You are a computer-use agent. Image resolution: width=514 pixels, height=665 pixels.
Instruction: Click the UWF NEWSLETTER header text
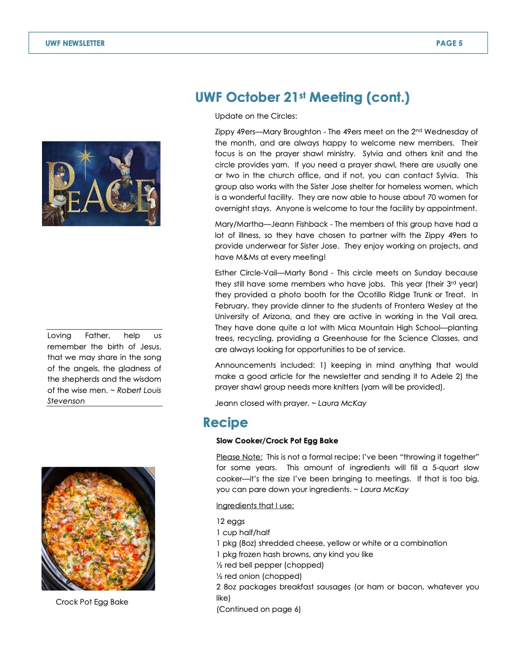click(x=75, y=43)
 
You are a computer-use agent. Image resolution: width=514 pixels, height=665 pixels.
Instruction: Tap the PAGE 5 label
click(x=449, y=43)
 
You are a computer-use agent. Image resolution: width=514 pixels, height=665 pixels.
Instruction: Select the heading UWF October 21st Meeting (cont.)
click(x=302, y=98)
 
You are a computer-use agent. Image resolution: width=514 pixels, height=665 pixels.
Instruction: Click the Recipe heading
click(x=225, y=422)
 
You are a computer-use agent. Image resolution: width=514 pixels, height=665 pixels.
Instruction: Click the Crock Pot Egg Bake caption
click(x=92, y=602)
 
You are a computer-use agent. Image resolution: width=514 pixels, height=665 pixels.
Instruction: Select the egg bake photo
click(x=98, y=528)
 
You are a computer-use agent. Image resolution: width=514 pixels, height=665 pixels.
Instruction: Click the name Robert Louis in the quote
click(x=139, y=390)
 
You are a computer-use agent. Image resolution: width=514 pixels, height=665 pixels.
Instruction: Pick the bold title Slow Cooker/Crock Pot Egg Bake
click(x=277, y=441)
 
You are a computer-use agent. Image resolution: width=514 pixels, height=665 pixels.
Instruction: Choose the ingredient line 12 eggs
click(x=230, y=521)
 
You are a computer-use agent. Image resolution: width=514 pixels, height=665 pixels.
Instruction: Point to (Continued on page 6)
click(x=258, y=609)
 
